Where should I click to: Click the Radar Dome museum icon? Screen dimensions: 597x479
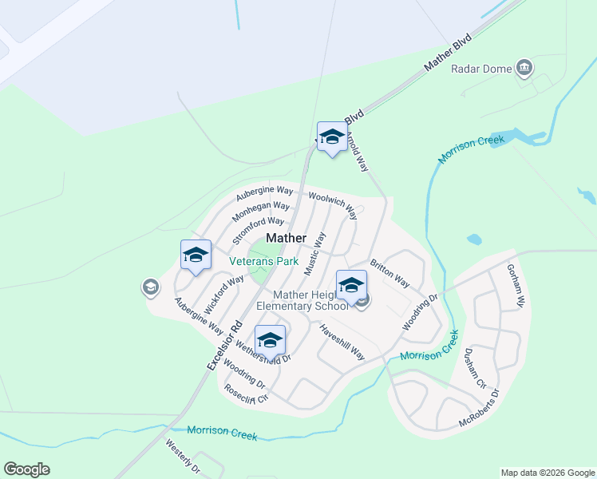point(524,68)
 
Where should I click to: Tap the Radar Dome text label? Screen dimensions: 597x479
point(481,69)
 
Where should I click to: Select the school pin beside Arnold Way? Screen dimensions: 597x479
point(332,137)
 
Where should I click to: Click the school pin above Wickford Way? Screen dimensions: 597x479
point(196,255)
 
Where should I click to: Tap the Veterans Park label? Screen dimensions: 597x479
point(263,261)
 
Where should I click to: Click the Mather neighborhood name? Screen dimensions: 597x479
point(286,238)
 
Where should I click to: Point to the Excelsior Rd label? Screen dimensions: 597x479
point(224,344)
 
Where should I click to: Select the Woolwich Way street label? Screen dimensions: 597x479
point(331,205)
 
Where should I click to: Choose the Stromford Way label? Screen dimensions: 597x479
point(258,231)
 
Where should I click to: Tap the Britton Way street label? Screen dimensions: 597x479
point(389,273)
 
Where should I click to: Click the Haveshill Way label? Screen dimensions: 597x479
point(342,342)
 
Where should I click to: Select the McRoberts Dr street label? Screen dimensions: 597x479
point(478,408)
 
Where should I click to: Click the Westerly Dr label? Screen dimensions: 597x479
point(183,457)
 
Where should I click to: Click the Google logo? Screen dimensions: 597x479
point(26,469)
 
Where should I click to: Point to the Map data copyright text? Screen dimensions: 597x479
point(547,473)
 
